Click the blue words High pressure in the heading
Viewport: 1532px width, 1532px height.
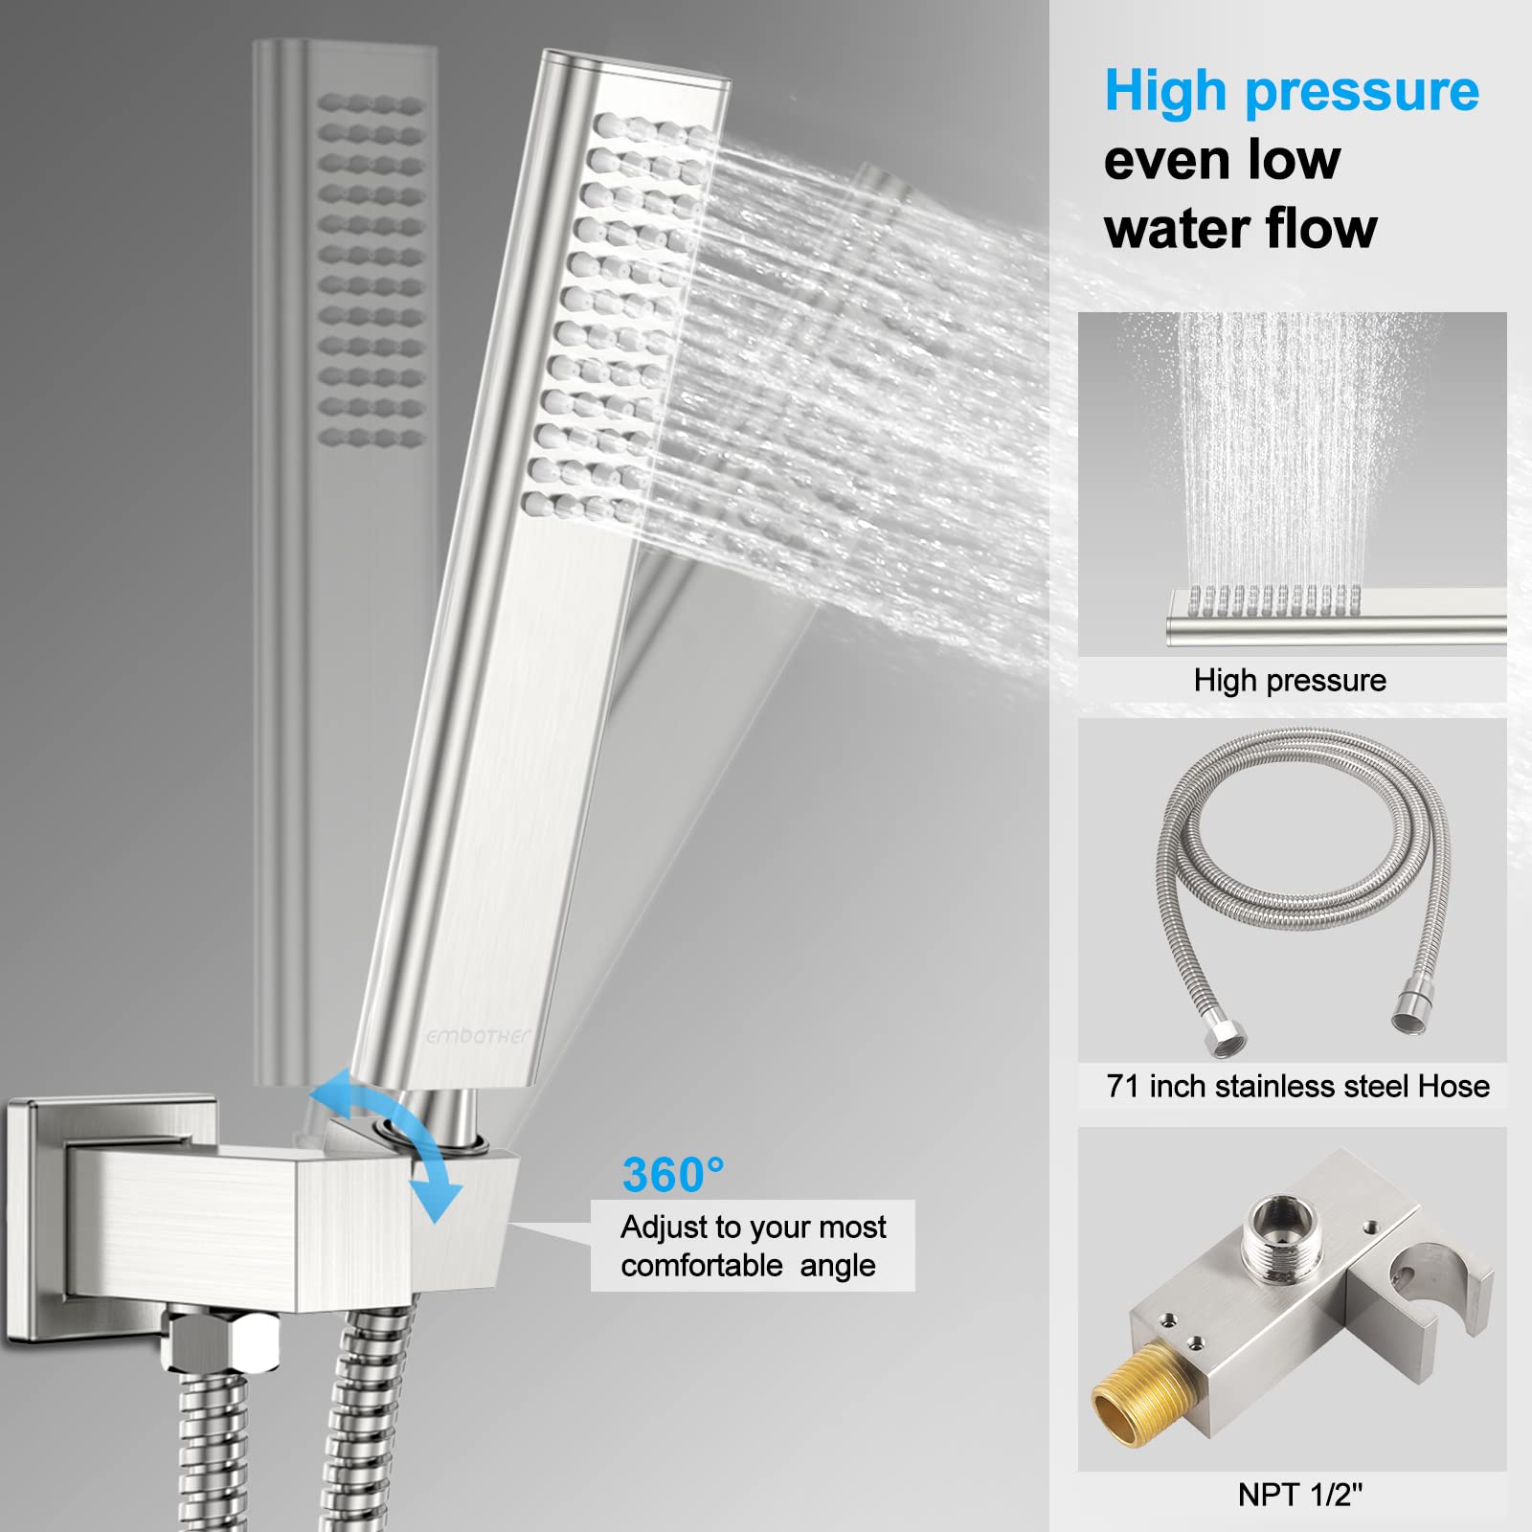[x=1291, y=92]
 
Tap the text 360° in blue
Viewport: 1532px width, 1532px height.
[x=672, y=1175]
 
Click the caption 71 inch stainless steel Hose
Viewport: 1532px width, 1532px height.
[x=1297, y=1086]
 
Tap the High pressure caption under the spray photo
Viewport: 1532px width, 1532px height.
[x=1290, y=680]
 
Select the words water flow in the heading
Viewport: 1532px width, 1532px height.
[x=1240, y=229]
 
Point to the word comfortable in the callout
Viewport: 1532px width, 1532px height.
[x=702, y=1266]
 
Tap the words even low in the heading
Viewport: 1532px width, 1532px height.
[x=1222, y=160]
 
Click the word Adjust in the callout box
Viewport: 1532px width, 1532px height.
[x=662, y=1227]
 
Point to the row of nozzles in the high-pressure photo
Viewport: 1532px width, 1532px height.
[x=1273, y=599]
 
